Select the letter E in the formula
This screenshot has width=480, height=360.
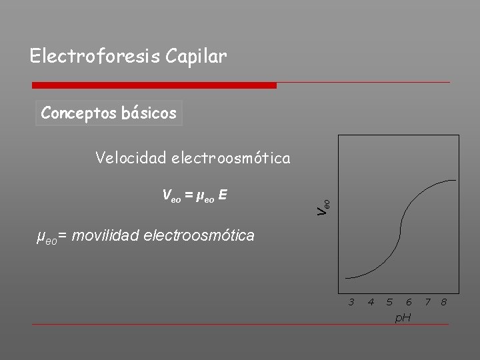223,195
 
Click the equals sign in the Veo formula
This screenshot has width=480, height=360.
189,195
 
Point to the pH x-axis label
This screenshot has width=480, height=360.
403,318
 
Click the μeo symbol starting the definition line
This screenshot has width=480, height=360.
45,236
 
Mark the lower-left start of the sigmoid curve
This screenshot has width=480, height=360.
347,277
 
